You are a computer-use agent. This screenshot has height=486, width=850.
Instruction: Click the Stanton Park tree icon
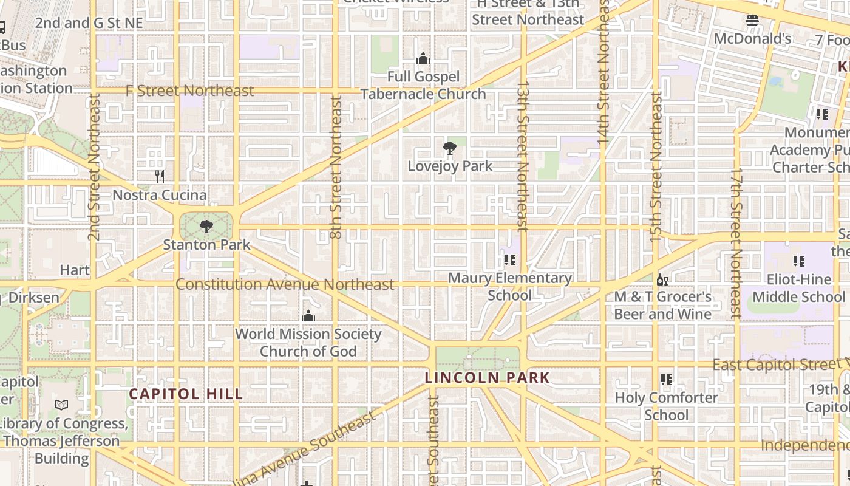pos(206,227)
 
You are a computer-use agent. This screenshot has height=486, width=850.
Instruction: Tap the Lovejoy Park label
pos(450,166)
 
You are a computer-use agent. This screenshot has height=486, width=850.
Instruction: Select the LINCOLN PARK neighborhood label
pos(487,377)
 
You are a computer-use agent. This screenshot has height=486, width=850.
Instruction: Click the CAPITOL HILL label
pos(186,394)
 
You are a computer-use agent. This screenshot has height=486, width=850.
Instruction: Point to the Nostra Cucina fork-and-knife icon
pos(160,177)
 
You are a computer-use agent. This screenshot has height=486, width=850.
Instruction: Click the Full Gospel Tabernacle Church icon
pos(423,58)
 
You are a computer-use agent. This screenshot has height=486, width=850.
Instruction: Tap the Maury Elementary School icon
pos(510,260)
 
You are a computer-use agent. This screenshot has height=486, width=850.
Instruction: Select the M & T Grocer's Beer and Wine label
pos(662,305)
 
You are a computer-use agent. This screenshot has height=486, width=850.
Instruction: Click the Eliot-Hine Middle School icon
pos(799,261)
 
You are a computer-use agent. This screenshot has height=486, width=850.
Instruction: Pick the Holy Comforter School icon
pos(667,380)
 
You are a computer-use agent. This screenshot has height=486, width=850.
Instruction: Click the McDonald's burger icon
pos(752,21)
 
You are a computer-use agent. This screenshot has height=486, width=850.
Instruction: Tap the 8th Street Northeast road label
pos(336,167)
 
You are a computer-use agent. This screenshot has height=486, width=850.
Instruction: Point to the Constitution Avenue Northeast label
pos(285,284)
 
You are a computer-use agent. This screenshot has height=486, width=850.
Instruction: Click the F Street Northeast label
pos(189,91)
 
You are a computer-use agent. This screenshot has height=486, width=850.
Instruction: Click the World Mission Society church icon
pos(308,316)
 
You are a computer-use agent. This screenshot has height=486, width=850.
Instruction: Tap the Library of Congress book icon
pos(61,405)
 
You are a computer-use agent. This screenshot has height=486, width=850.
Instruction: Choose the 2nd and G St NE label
pos(89,23)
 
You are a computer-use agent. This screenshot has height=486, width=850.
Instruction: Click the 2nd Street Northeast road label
pos(93,167)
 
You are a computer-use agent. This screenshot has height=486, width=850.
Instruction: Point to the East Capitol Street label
pos(777,364)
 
